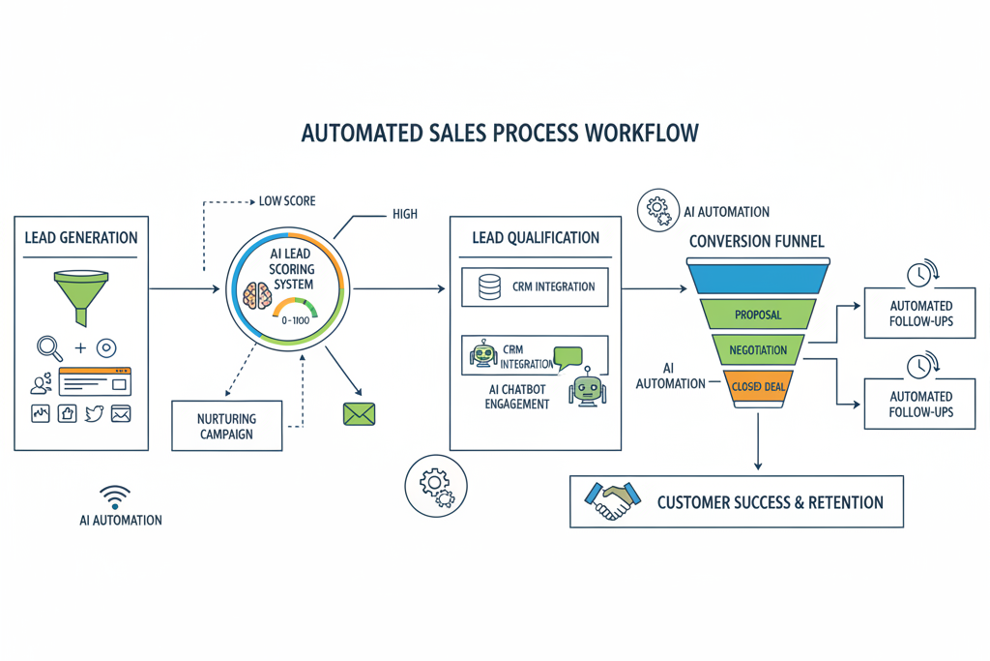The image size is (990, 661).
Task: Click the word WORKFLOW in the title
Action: pyautogui.click(x=641, y=133)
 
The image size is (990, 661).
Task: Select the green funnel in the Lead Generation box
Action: pyautogui.click(x=80, y=294)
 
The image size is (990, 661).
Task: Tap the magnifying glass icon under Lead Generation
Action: pyautogui.click(x=48, y=347)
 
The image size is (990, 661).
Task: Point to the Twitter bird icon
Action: pyautogui.click(x=94, y=413)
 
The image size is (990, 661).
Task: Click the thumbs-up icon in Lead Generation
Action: pyautogui.click(x=67, y=413)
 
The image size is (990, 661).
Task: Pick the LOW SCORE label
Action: pyautogui.click(x=287, y=201)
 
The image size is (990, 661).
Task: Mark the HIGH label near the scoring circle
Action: pyautogui.click(x=405, y=214)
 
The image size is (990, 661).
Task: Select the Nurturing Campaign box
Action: pyautogui.click(x=226, y=426)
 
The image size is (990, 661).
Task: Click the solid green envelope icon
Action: pyautogui.click(x=359, y=414)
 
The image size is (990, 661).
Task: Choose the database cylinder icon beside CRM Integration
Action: pyautogui.click(x=489, y=287)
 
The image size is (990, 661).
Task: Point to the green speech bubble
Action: pyautogui.click(x=568, y=357)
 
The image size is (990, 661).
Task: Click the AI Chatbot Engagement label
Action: pyautogui.click(x=517, y=396)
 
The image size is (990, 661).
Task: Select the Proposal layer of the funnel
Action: pyautogui.click(x=757, y=315)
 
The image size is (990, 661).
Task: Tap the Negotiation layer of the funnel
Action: pyautogui.click(x=757, y=350)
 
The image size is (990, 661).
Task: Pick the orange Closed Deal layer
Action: pyautogui.click(x=757, y=386)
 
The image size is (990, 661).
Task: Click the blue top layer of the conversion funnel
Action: pyautogui.click(x=757, y=277)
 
